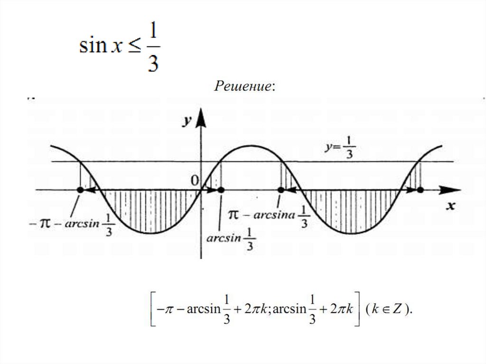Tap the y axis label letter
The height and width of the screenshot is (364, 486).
point(187,121)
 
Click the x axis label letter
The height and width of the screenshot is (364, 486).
point(451,205)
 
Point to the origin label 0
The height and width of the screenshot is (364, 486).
point(194,180)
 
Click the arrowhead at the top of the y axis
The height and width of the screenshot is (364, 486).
point(202,117)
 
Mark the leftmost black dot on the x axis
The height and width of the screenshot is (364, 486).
point(80,189)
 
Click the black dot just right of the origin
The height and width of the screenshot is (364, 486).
point(221,189)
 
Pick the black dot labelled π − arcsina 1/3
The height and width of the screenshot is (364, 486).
point(280,189)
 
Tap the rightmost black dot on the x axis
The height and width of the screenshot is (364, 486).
point(420,189)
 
